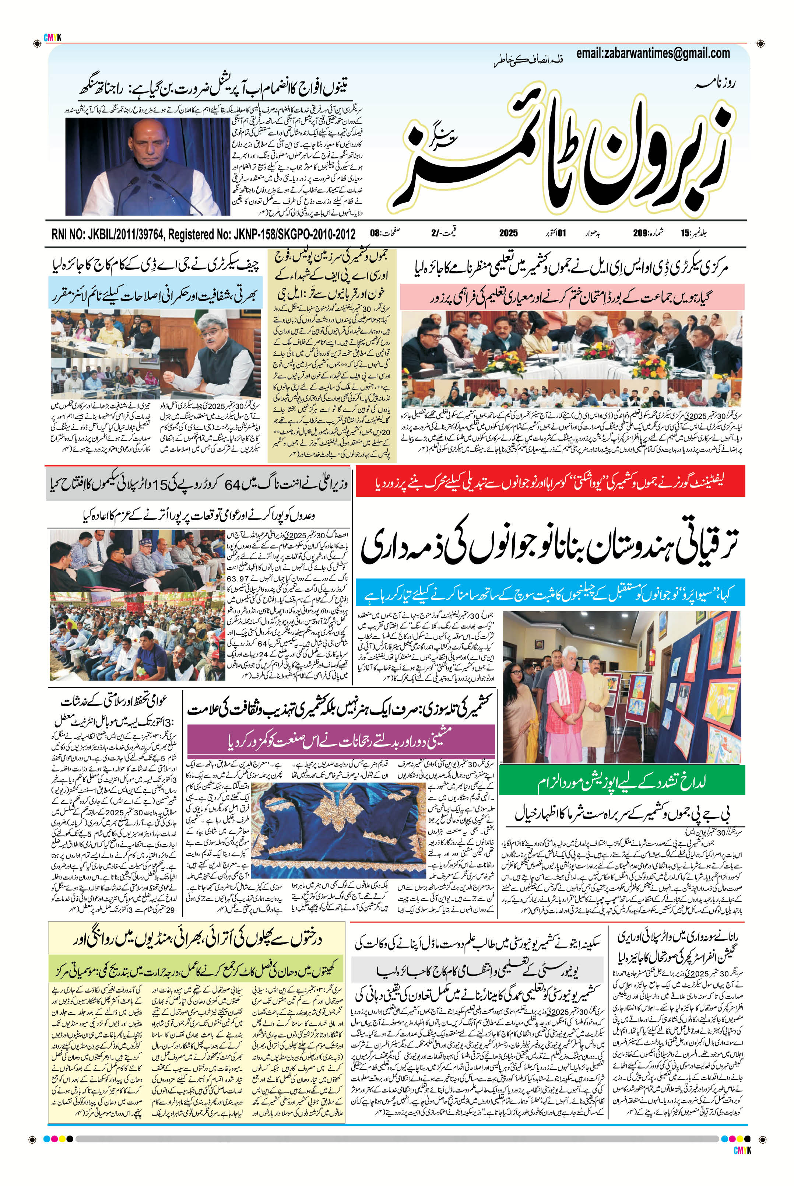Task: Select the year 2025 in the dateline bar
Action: [x=508, y=233]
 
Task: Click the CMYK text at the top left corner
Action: [x=52, y=38]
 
